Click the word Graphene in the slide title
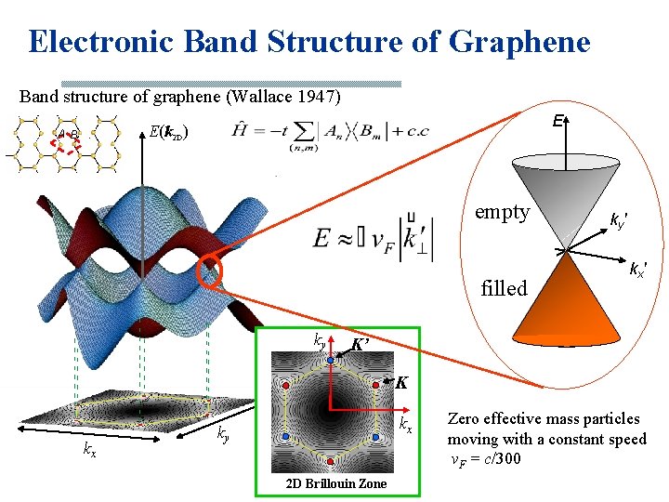pos(519,42)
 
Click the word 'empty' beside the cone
pos(502,212)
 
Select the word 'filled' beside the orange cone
pos(504,287)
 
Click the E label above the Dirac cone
pos(556,121)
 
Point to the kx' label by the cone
pos(638,271)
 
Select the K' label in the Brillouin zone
pos(361,345)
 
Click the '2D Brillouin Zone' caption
pos(336,484)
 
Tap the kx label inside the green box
pos(405,425)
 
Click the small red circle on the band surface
pos(210,273)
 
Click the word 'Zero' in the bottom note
pos(465,419)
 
